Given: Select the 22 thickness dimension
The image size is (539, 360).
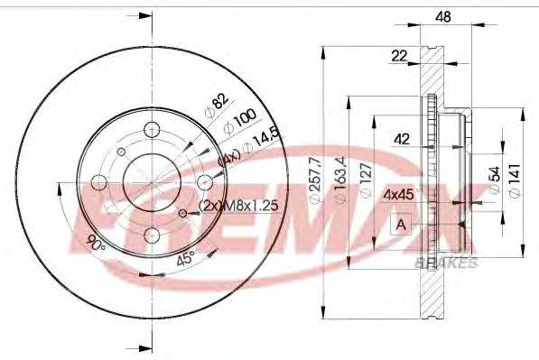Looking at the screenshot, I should tap(398, 57).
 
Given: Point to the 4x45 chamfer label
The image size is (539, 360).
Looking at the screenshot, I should tap(398, 193).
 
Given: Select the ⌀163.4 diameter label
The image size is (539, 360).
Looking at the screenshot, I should tap(340, 179).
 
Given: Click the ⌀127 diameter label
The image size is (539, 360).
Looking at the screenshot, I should tap(365, 180).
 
